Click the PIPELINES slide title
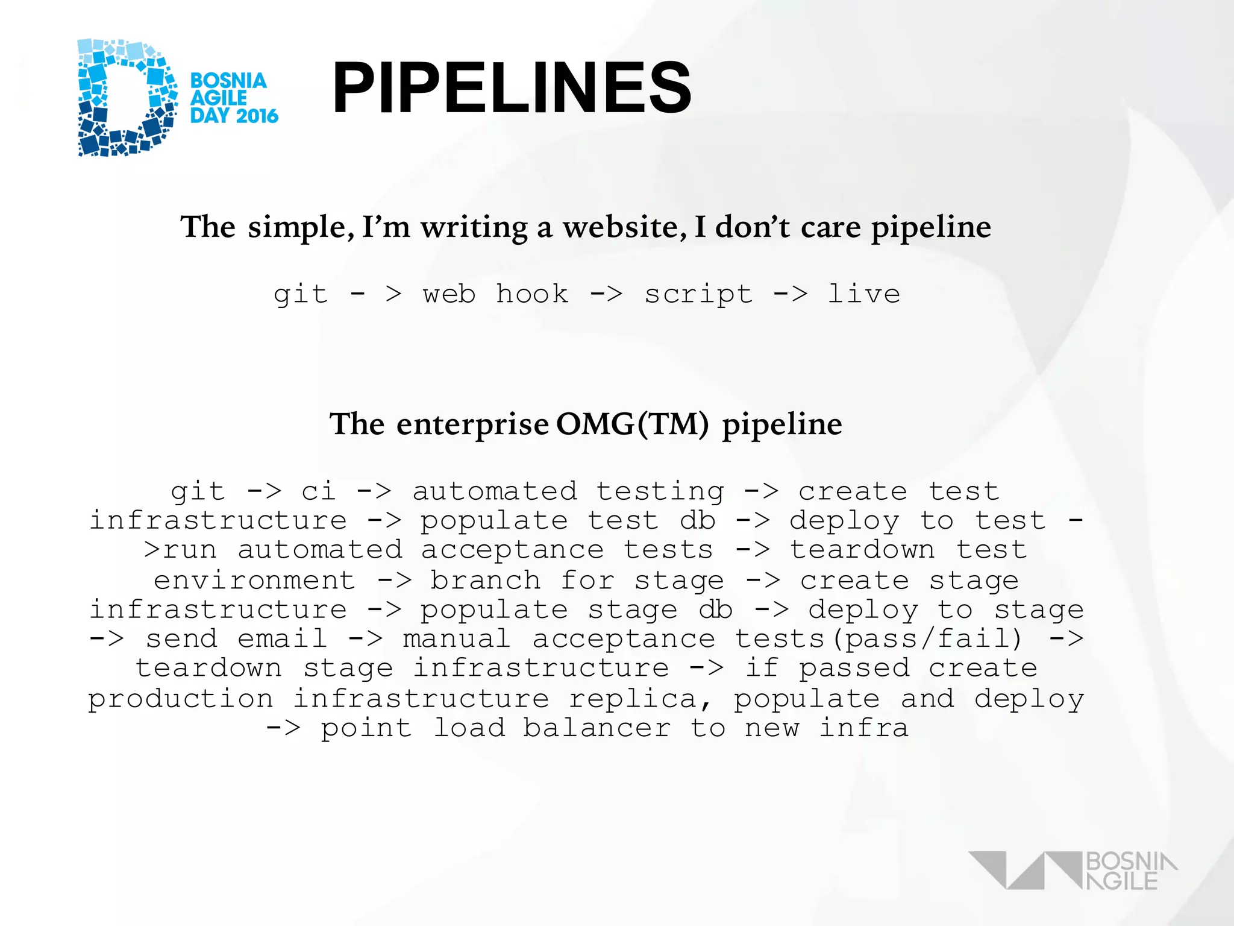pos(512,88)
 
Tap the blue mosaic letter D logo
pos(127,98)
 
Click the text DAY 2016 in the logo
pos(234,116)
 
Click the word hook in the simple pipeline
pos(532,294)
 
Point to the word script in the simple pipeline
pos(698,294)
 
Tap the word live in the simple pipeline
pos(863,294)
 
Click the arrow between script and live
pos(790,294)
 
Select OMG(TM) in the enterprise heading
pos(632,424)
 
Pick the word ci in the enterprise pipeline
pos(318,491)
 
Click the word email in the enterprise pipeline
pos(282,639)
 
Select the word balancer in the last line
pos(597,728)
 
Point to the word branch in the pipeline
pos(485,581)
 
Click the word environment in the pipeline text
pos(254,581)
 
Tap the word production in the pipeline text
pos(181,699)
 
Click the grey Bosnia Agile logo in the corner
pos(1073,871)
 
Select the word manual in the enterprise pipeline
pos(457,639)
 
